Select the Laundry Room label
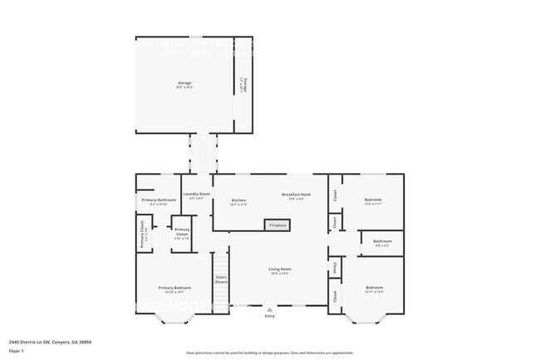point(197,195)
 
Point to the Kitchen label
point(238,201)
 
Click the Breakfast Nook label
point(293,195)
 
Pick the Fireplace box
point(277,225)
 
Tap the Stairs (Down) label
point(221,279)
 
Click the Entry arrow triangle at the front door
point(269,308)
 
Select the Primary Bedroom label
point(174,288)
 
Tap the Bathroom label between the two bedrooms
point(382,242)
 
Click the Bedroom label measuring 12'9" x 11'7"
point(373,200)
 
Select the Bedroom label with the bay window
point(374,288)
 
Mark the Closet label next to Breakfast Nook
point(335,195)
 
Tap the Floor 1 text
point(17,351)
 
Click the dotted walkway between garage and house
point(203,154)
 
